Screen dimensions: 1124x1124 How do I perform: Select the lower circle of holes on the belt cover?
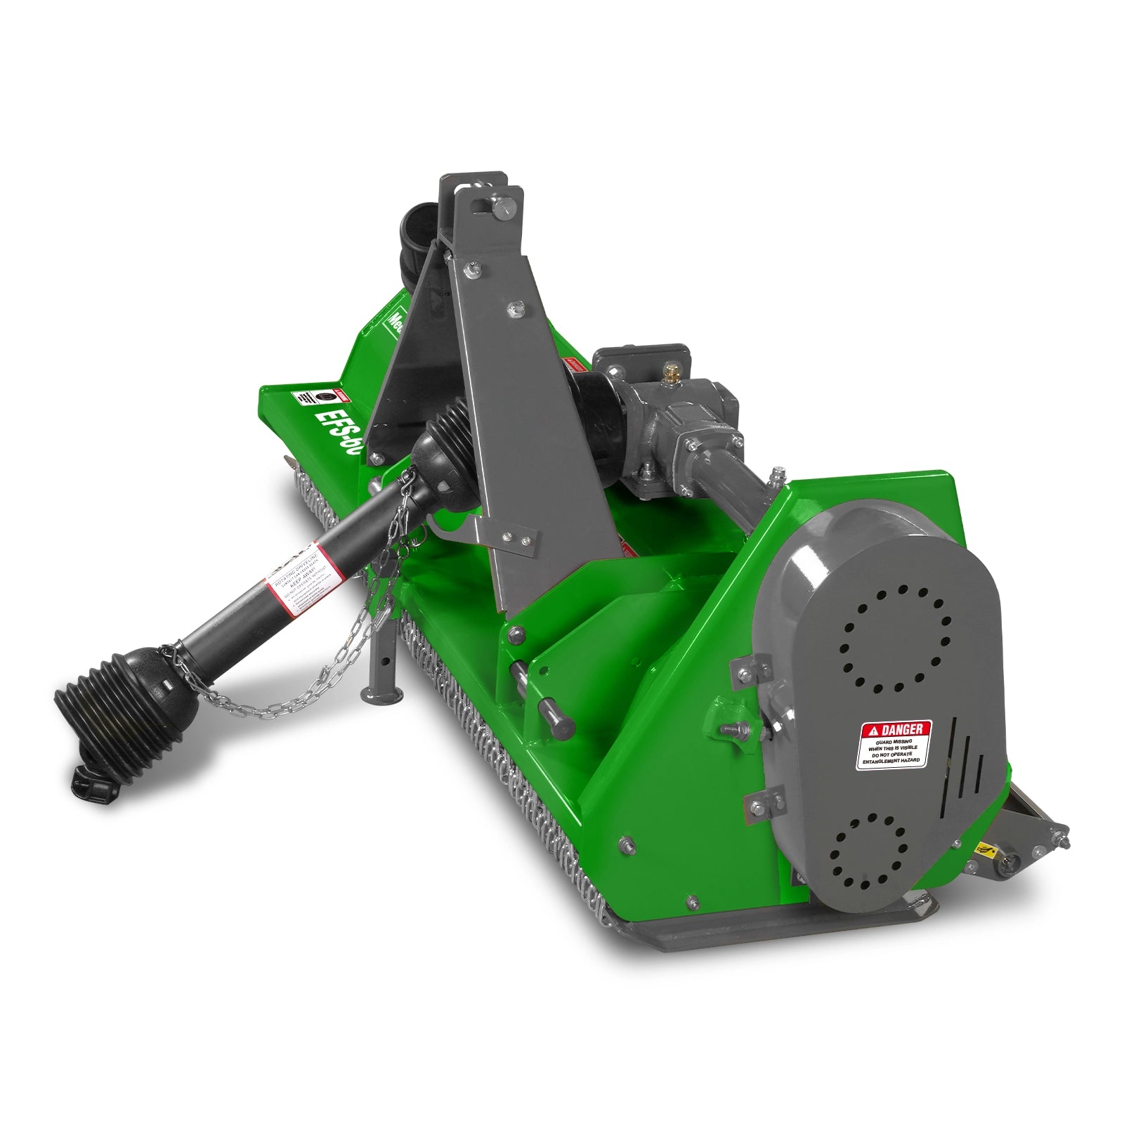[x=870, y=850]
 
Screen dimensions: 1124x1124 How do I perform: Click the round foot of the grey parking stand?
[x=380, y=695]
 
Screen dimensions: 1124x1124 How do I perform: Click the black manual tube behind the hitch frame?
[x=418, y=242]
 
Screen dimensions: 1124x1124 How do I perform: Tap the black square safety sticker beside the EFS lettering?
[x=324, y=398]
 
